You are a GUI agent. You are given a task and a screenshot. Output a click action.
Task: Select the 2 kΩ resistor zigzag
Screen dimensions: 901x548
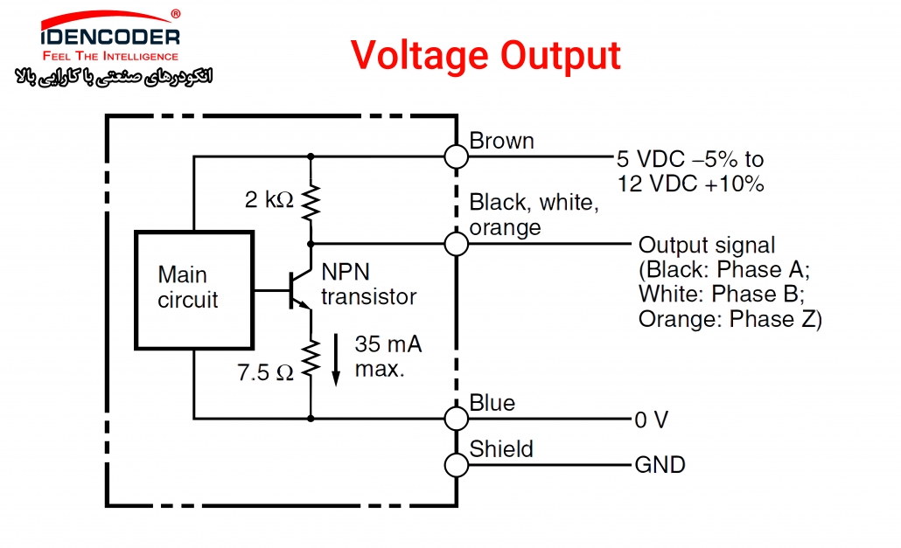pyautogui.click(x=311, y=202)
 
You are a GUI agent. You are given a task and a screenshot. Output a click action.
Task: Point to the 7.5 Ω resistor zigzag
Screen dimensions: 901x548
pyautogui.click(x=311, y=358)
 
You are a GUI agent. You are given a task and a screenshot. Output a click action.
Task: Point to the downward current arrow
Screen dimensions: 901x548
pyautogui.click(x=336, y=359)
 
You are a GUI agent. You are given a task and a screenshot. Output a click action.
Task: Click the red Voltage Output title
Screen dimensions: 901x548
pyautogui.click(x=485, y=56)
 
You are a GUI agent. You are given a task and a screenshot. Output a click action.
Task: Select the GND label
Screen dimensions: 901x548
pyautogui.click(x=660, y=465)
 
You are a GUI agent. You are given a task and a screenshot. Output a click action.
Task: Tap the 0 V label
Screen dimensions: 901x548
pyautogui.click(x=651, y=420)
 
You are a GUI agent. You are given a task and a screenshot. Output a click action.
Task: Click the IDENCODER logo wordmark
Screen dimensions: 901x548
pyautogui.click(x=110, y=38)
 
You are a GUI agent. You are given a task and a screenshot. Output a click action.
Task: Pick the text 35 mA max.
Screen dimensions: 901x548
pyautogui.click(x=388, y=357)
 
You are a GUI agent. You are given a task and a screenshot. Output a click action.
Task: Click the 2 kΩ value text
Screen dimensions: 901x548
pyautogui.click(x=269, y=199)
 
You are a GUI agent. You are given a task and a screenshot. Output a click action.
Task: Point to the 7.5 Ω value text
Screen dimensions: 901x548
pyautogui.click(x=265, y=373)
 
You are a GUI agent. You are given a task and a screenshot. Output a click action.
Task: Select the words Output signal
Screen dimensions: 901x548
pyautogui.click(x=707, y=246)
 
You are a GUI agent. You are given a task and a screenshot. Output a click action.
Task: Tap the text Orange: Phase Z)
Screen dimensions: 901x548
pyautogui.click(x=730, y=319)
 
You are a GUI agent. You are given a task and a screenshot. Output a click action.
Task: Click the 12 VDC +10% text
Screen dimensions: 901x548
pyautogui.click(x=691, y=184)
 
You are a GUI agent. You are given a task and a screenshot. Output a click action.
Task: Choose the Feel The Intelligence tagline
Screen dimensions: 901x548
pyautogui.click(x=110, y=56)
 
